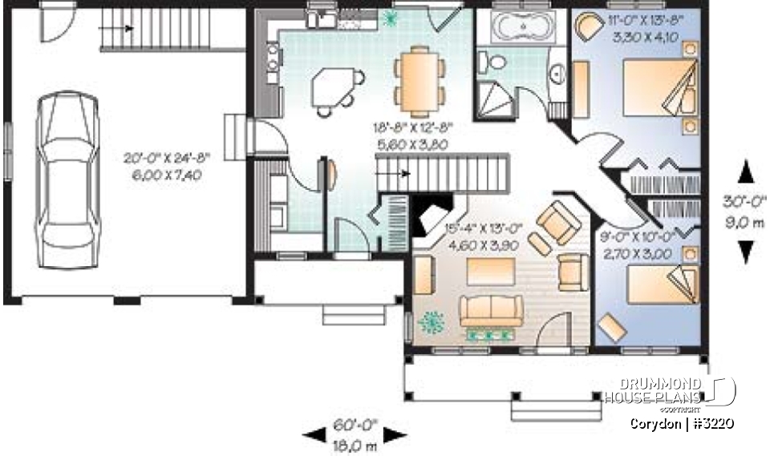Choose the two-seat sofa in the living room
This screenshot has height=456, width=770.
click(491, 311)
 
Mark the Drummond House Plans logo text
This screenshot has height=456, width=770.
click(654, 391)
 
